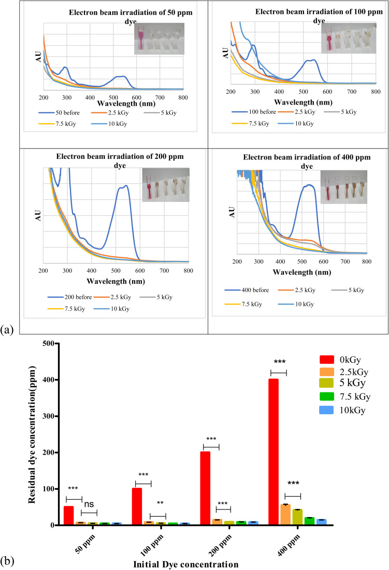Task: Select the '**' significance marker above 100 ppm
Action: (161, 503)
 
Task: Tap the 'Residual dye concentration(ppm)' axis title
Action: (33, 434)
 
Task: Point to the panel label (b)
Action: (9, 560)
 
